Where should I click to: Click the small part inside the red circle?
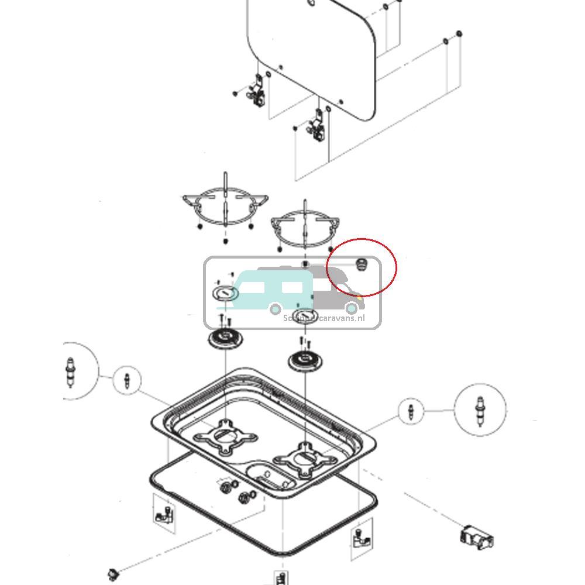[361, 264]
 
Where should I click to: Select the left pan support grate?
[225, 205]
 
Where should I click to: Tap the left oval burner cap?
[225, 292]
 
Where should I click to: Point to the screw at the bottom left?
[113, 572]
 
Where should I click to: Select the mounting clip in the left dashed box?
[164, 515]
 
